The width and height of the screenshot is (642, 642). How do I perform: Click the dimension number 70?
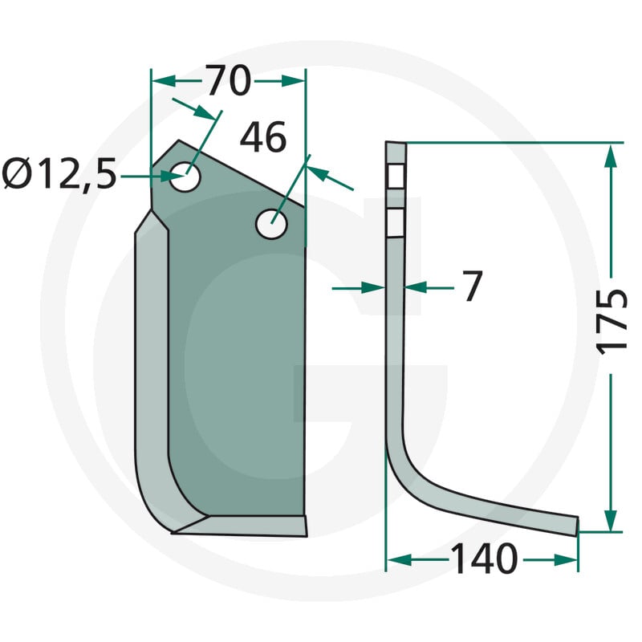(x=228, y=81)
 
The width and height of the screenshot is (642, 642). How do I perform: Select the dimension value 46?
(x=263, y=137)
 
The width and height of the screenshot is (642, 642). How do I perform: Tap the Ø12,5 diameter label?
(x=59, y=175)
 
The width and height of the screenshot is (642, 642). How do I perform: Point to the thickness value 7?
(x=473, y=286)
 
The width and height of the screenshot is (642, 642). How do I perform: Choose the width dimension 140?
(x=484, y=559)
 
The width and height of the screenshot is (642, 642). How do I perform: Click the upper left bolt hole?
(x=185, y=177)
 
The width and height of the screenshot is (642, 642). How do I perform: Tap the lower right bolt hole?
(x=271, y=224)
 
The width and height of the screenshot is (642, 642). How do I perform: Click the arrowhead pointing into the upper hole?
(x=173, y=177)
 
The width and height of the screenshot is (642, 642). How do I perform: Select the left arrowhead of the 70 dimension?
(x=164, y=81)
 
